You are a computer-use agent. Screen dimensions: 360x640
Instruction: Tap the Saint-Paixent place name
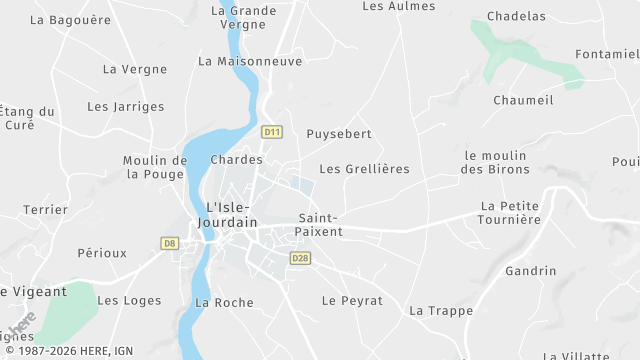(x=320, y=225)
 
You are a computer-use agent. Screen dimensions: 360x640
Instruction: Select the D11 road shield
(x=272, y=131)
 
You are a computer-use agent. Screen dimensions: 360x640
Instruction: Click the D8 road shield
(x=169, y=243)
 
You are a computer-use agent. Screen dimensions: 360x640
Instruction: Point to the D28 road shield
(x=300, y=258)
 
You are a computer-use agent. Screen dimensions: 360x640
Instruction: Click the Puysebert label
(x=339, y=134)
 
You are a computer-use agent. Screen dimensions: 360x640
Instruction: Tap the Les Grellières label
(x=364, y=169)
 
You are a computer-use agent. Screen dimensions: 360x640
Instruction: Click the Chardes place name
(x=237, y=160)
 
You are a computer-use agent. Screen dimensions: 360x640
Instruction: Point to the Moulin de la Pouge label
(x=155, y=167)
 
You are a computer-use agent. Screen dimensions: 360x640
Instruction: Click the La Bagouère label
(x=70, y=19)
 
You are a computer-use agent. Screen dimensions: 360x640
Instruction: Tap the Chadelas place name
(x=516, y=16)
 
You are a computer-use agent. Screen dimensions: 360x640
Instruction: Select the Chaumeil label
(x=523, y=100)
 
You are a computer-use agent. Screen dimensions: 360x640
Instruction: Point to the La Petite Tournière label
(x=510, y=213)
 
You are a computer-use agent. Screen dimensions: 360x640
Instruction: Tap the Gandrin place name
(x=530, y=271)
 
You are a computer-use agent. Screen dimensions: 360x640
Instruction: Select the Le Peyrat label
(x=352, y=300)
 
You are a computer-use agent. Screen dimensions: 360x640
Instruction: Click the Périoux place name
(x=102, y=253)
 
